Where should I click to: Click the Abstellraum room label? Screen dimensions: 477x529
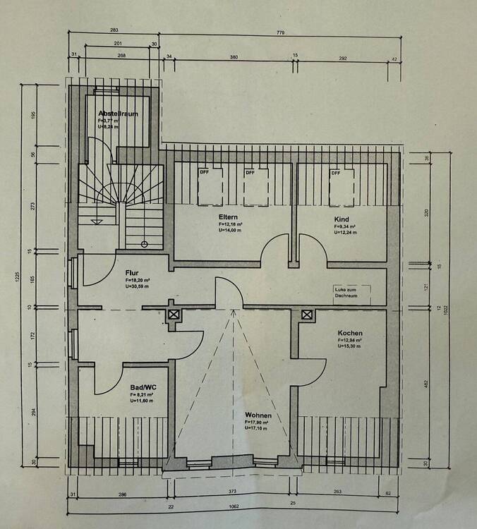[x=118, y=113]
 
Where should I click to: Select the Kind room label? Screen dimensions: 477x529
[x=342, y=219]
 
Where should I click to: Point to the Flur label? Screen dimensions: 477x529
[x=132, y=272]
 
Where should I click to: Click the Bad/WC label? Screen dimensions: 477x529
[x=143, y=387]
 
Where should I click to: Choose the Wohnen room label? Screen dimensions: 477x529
[x=258, y=415]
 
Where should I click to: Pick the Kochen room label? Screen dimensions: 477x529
[x=350, y=333]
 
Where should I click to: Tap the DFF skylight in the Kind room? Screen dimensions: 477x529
[x=337, y=174]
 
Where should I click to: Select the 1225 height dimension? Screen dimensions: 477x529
[x=16, y=279]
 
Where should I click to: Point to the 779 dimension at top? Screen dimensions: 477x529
[x=282, y=31]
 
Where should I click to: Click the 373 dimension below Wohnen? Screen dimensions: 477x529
[x=232, y=492]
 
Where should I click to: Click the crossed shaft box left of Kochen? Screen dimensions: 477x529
[x=307, y=315]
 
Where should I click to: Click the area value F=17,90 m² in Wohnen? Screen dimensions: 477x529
[x=258, y=422]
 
